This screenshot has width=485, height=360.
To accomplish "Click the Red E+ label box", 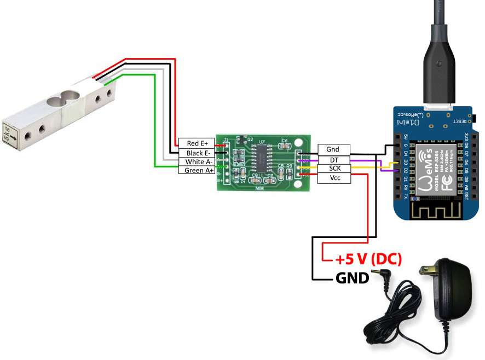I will pos(197,143).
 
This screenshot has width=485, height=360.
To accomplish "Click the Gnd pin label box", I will pos(332,149).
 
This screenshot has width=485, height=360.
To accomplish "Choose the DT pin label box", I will pos(332,159).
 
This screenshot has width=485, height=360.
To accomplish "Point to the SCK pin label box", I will pos(332,169).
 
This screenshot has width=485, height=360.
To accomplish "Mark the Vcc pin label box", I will pos(332,178).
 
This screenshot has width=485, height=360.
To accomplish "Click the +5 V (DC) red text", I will pos(369,259).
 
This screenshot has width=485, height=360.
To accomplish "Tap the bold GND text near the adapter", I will pos(352,278).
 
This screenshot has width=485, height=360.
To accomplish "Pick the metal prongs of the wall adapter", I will pos(424,270).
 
